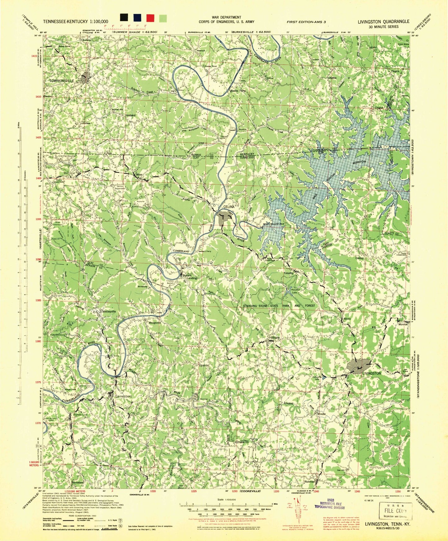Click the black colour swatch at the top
124,18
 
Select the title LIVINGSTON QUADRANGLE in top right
383,21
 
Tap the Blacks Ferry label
238,91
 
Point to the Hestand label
130,115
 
